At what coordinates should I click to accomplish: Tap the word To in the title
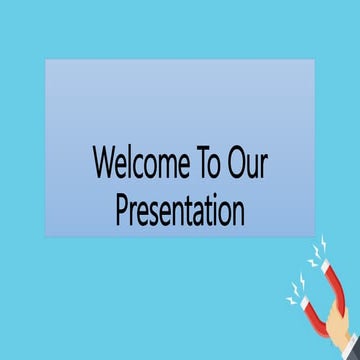[x=216, y=162]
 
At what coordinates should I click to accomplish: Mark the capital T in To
[x=210, y=162]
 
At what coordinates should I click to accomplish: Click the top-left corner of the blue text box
[x=45, y=59]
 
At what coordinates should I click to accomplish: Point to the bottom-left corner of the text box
[x=45, y=236]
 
